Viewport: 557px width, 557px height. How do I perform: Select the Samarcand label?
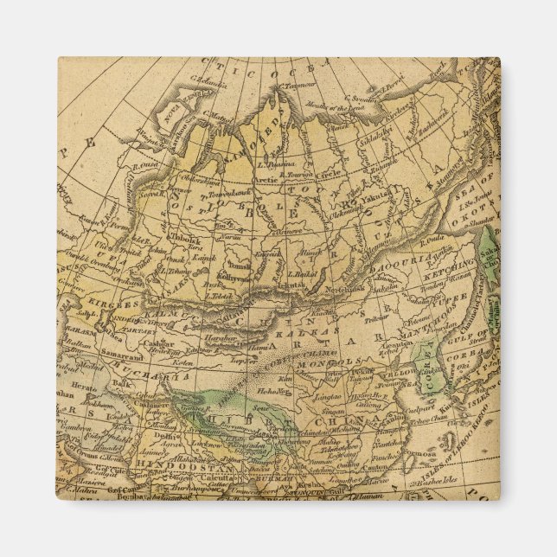121,355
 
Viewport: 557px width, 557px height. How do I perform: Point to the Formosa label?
419,452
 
